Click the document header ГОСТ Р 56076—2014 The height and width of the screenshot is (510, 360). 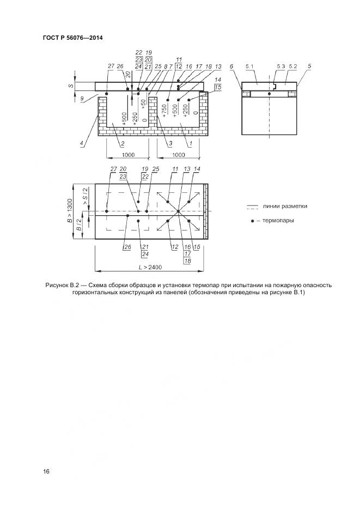[72, 38]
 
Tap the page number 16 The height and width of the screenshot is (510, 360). [46, 471]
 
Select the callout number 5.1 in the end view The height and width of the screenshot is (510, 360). [250, 66]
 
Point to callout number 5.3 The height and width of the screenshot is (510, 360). [280, 66]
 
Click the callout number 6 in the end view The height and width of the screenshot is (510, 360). [231, 66]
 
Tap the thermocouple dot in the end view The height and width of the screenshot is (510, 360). [269, 94]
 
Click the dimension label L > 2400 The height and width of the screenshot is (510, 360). [150, 267]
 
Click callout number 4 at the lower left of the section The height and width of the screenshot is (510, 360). [82, 144]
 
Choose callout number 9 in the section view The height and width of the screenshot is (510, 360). [82, 99]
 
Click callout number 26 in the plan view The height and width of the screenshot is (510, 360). [127, 247]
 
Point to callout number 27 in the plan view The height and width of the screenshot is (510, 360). [113, 169]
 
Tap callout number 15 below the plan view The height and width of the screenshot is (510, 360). [197, 247]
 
